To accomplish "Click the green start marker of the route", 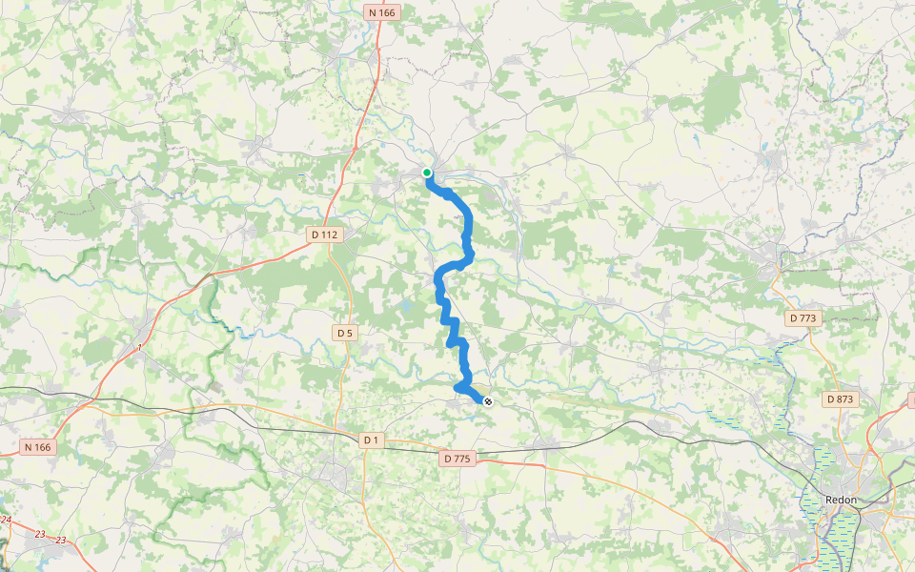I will click(x=427, y=173).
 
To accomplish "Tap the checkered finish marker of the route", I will click(x=488, y=402).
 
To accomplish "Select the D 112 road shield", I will click(x=325, y=234).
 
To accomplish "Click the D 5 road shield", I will click(x=345, y=333).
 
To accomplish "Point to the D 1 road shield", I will click(x=372, y=439).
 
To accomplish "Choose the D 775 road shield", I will click(x=457, y=459).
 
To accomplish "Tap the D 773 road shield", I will click(x=804, y=317).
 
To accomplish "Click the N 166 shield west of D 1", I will click(x=38, y=446).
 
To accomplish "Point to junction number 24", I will click(x=6, y=521).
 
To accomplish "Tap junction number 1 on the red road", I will click(x=139, y=348).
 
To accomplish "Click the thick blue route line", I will click(x=468, y=229).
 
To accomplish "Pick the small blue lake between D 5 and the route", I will click(x=407, y=308).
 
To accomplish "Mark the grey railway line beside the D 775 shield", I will click(x=505, y=449).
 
